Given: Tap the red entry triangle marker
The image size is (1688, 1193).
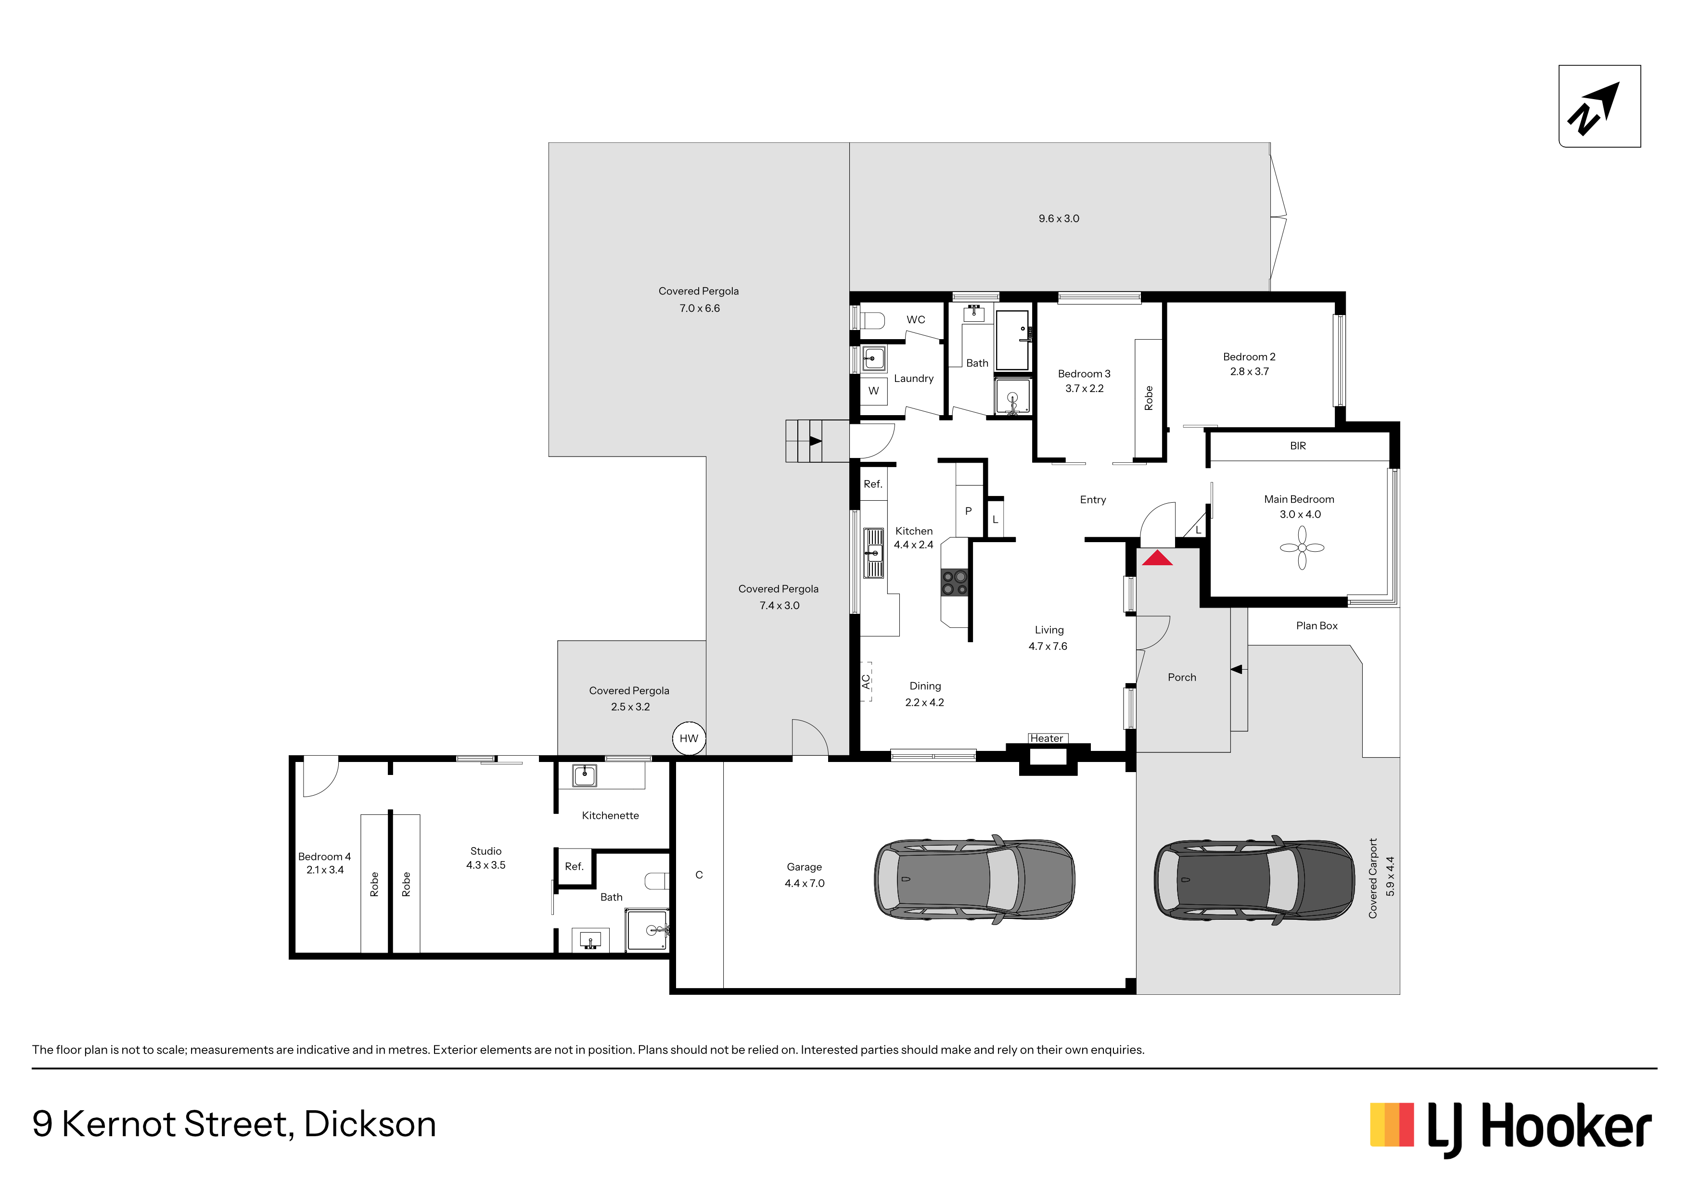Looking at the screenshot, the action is [1157, 558].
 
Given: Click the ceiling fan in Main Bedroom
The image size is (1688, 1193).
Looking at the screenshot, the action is [1302, 547].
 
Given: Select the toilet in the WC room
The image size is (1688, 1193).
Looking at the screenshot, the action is [871, 320].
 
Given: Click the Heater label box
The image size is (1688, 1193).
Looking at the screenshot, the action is [1047, 738].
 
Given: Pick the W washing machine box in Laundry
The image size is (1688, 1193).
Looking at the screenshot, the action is [873, 390].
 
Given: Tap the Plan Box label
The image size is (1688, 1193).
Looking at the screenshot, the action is [1317, 625].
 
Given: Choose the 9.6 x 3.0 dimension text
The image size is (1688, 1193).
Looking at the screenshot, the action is [1059, 218].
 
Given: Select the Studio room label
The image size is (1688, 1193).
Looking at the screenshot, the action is [486, 850].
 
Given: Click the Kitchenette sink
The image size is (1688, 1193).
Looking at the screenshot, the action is [585, 775].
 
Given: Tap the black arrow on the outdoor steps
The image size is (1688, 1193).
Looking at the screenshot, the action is [815, 441].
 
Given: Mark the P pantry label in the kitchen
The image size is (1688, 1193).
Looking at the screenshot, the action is [968, 511].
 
